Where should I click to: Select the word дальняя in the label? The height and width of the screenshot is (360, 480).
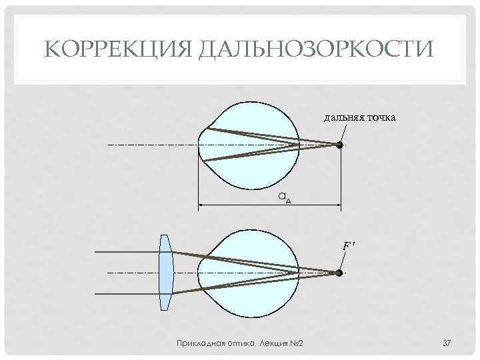click(x=343, y=118)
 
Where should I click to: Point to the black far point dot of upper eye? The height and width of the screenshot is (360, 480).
click(x=339, y=145)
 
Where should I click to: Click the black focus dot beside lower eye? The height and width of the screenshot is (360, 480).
click(x=339, y=273)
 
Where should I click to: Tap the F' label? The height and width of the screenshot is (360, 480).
click(x=347, y=246)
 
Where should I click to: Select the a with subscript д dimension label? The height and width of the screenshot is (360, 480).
click(x=284, y=197)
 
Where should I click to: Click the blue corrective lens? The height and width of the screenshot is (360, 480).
click(x=165, y=272)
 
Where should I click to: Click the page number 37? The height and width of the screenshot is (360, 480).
click(x=447, y=343)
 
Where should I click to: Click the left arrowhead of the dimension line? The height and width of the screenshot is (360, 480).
click(x=201, y=205)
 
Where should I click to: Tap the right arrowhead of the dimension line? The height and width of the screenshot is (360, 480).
click(x=338, y=205)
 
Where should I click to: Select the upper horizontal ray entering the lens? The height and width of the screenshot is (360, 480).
click(x=127, y=251)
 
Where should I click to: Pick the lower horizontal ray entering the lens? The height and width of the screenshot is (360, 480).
click(x=127, y=294)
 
